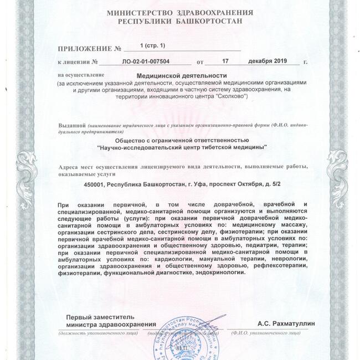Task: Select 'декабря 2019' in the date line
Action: point(267,62)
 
